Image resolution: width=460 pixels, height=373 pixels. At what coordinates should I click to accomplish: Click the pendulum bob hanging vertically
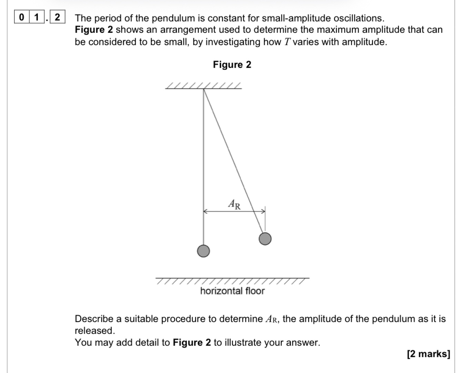tap(203, 251)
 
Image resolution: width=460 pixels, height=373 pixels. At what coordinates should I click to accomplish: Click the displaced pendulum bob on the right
tap(265, 239)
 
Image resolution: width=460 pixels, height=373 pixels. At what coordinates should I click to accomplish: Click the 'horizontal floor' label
tap(232, 291)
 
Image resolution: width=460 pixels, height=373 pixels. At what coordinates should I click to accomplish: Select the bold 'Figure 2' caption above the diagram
tap(232, 65)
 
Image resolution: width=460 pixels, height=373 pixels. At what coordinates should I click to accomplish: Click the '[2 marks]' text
tap(429, 354)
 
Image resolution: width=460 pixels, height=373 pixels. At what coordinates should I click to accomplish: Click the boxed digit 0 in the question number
tap(22, 17)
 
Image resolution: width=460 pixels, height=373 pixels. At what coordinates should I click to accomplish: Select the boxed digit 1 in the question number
tap(37, 17)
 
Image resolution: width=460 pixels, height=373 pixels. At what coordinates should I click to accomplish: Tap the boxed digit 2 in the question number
tap(57, 17)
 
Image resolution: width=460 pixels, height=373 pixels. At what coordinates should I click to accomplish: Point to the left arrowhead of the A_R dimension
tap(205, 211)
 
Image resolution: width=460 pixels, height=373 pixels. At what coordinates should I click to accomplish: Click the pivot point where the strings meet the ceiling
tap(204, 89)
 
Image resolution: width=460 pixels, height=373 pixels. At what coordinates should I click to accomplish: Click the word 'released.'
tap(95, 331)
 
